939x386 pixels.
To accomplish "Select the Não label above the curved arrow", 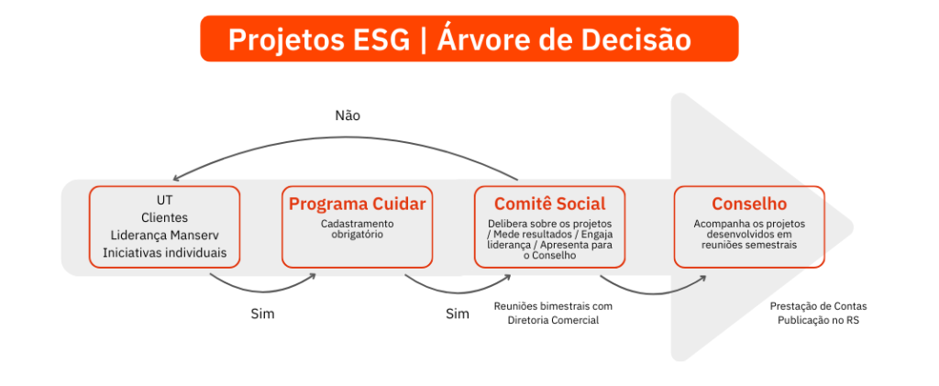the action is point(348,116).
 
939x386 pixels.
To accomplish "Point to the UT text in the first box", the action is point(165,201).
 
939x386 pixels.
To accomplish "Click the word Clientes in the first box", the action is point(165,218).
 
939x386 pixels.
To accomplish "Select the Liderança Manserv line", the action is point(165,236).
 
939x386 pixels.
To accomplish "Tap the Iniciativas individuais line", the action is point(165,252).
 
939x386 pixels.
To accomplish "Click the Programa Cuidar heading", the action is point(357,204).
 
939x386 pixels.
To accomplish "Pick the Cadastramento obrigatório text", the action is point(357,228).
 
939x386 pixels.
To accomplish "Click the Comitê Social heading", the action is point(549,204).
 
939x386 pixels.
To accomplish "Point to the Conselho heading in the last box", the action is point(749,204).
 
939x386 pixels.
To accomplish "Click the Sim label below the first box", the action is point(262,314).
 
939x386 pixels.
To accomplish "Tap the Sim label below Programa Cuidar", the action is point(457,314).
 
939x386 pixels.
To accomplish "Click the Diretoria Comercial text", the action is point(553,320).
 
